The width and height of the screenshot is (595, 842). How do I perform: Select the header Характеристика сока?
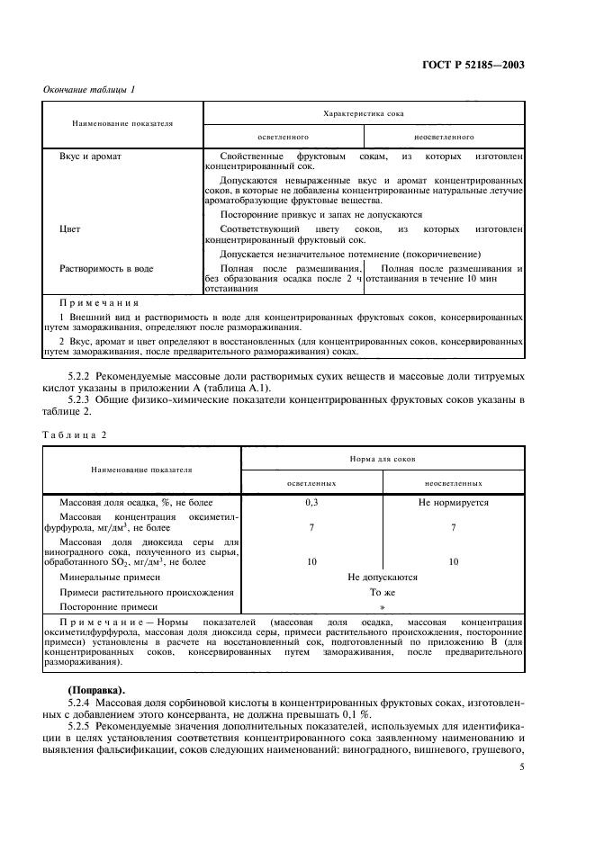(363, 115)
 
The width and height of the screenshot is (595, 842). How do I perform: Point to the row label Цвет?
(72, 229)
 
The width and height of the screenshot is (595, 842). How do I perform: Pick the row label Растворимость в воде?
(106, 268)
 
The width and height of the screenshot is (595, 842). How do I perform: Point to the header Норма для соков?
(382, 459)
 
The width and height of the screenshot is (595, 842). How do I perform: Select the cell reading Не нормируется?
(453, 503)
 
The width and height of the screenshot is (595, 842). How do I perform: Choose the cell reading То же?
(382, 592)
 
